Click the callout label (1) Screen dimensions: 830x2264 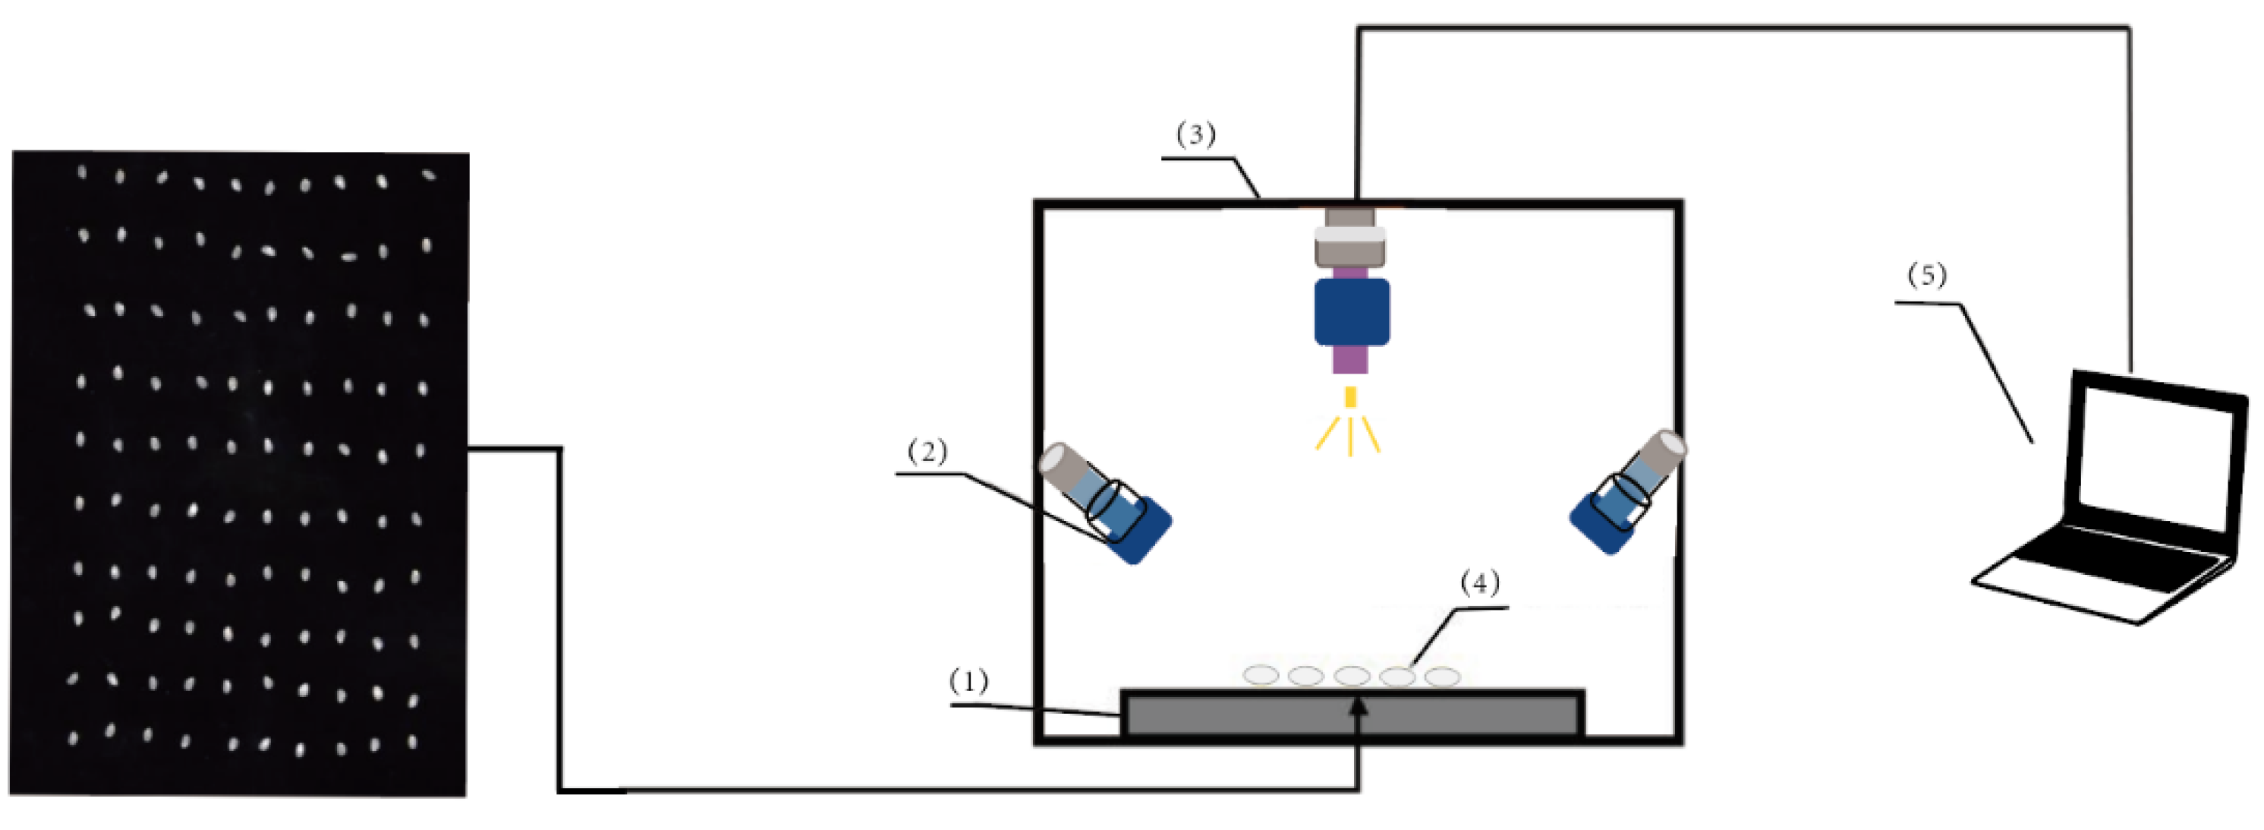968,681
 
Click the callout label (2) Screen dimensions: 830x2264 927,452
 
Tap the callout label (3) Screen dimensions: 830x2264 1196,134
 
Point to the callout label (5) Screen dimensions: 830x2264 1926,275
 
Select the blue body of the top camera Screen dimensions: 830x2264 1352,312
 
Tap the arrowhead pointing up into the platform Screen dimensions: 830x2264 1359,706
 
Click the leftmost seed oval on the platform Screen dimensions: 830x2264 1261,674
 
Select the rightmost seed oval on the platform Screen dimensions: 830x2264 1442,676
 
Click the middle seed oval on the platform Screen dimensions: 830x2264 1352,675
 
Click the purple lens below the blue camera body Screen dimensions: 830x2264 1350,358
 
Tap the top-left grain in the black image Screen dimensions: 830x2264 82,172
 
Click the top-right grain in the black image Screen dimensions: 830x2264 428,175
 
